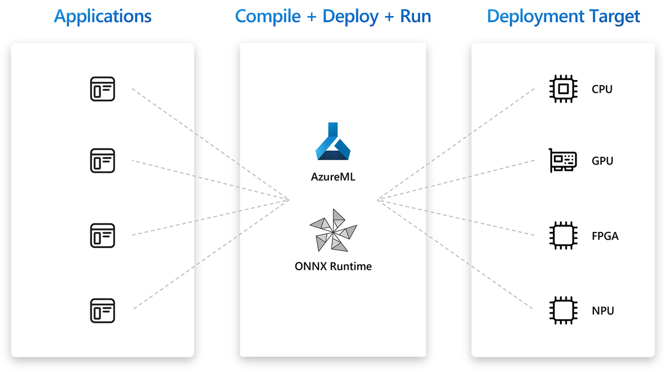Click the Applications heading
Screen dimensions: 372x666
(x=103, y=16)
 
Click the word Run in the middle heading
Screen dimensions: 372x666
(x=416, y=16)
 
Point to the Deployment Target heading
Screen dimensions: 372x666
(x=563, y=16)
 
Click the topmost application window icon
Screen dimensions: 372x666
(x=103, y=89)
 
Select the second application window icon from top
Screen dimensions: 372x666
(x=103, y=161)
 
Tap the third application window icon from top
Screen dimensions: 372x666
(x=103, y=236)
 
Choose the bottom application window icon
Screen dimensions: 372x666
(x=103, y=310)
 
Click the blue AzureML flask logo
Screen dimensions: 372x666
(x=333, y=145)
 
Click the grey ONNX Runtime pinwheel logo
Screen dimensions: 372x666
(x=333, y=230)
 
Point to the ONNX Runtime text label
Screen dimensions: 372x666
(x=333, y=266)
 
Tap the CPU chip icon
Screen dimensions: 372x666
(x=563, y=89)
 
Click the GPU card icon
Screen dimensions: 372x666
(x=563, y=161)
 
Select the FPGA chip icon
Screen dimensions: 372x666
(x=563, y=236)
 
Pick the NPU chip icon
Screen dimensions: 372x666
(x=563, y=310)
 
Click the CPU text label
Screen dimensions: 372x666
(x=602, y=89)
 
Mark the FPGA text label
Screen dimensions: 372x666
(x=605, y=236)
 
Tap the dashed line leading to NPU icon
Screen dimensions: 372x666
(x=455, y=254)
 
